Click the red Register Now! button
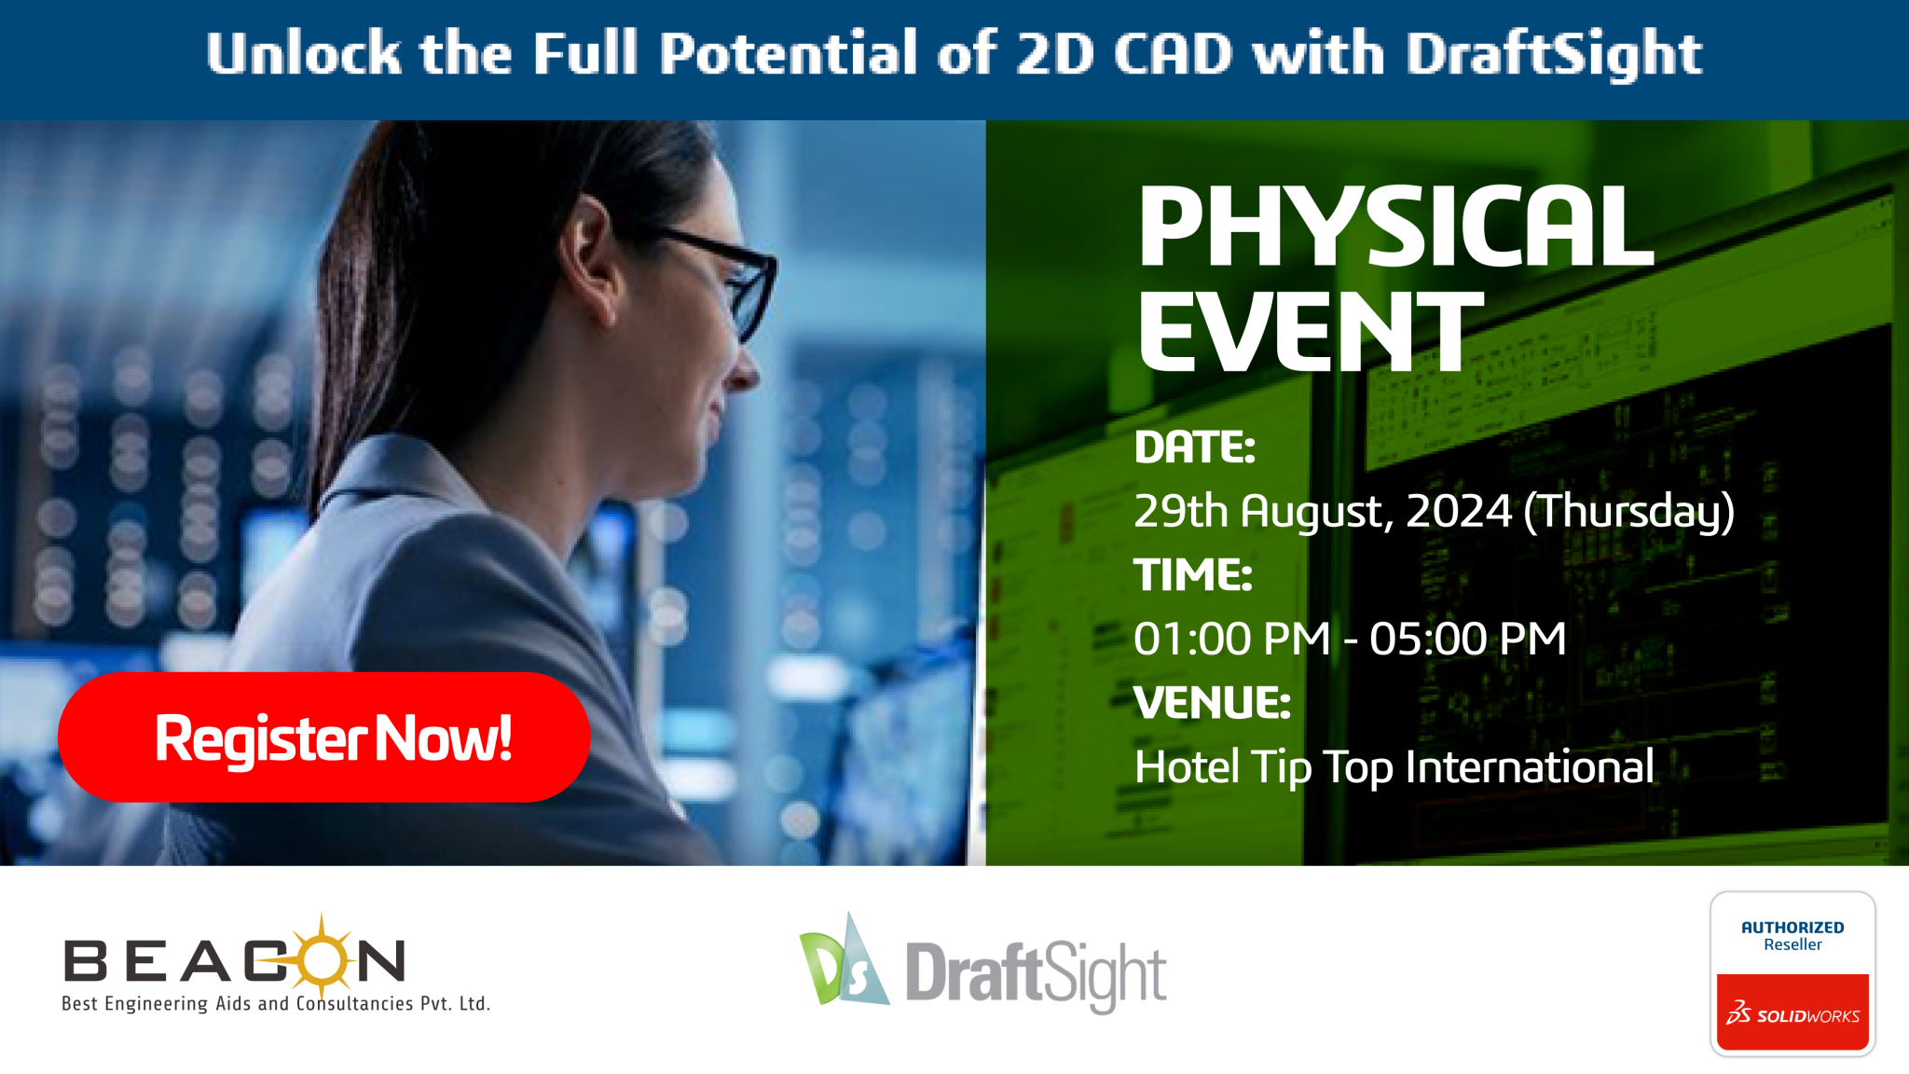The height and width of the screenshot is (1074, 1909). point(323,737)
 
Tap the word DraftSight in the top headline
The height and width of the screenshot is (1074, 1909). point(1554,54)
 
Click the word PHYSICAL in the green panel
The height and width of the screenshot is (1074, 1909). point(1395,227)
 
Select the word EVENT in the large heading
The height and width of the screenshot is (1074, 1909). point(1311,331)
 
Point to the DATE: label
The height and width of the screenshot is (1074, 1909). point(1195,447)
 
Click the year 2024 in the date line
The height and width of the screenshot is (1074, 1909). point(1459,511)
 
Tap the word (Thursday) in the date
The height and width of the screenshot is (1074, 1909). point(1629,512)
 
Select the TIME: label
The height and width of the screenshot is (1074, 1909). point(1193,574)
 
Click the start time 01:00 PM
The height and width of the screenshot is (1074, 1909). point(1232,640)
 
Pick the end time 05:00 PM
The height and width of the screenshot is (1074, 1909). point(1468,640)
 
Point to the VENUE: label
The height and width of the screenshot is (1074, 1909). point(1213,703)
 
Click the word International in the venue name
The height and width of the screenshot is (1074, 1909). point(1530,767)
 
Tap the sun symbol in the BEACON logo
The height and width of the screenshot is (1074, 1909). point(322,957)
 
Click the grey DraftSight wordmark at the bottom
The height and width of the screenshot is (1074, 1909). point(1036,974)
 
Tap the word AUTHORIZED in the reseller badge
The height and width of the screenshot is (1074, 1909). point(1792,928)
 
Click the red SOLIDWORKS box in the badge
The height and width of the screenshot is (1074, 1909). point(1792,1012)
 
